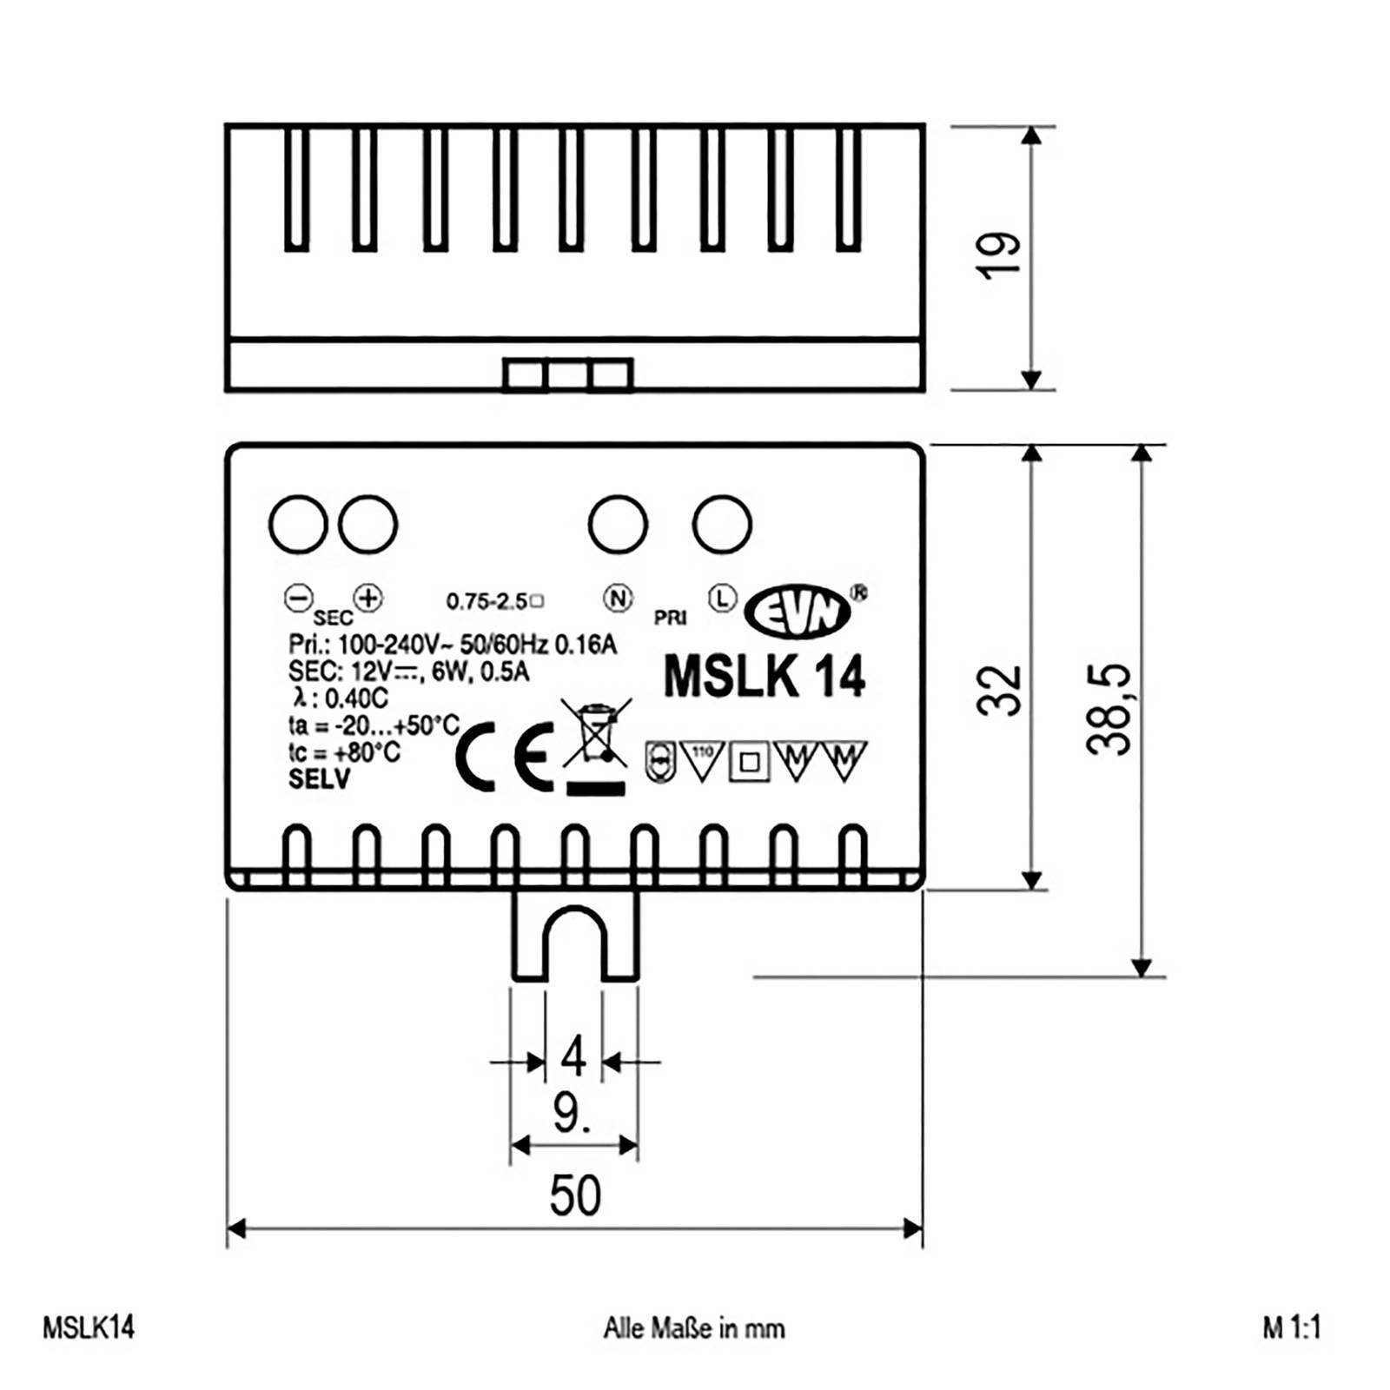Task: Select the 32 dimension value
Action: pyautogui.click(x=999, y=691)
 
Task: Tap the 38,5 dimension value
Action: pyautogui.click(x=1109, y=709)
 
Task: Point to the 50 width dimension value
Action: pyautogui.click(x=575, y=1196)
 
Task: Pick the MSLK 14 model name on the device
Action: pyautogui.click(x=764, y=676)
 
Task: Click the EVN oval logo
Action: pyautogui.click(x=798, y=611)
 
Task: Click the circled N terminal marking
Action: pyautogui.click(x=618, y=598)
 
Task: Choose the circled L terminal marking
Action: pyautogui.click(x=722, y=598)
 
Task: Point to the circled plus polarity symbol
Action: pyautogui.click(x=368, y=598)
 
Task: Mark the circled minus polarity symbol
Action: pyautogui.click(x=298, y=598)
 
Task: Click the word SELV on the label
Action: pyautogui.click(x=319, y=779)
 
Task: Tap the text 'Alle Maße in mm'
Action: pyautogui.click(x=693, y=1328)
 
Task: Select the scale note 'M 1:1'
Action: pyautogui.click(x=1292, y=1327)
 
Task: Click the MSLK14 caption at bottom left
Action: pyautogui.click(x=89, y=1327)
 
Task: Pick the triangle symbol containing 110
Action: pyautogui.click(x=702, y=759)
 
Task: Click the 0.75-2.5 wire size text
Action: pyautogui.click(x=488, y=601)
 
